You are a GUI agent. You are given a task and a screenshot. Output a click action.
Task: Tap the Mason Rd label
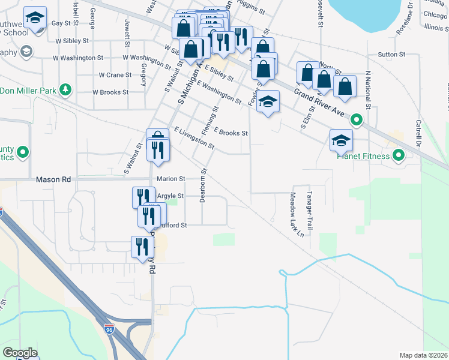point(53,179)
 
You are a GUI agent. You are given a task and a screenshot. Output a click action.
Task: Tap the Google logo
point(20,353)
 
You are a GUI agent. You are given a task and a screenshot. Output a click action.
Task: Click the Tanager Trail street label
point(310,211)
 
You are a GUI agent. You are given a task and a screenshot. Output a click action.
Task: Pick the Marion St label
point(170,179)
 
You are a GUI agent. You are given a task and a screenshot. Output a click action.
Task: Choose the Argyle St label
point(170,196)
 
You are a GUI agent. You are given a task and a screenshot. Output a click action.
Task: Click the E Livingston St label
point(194,137)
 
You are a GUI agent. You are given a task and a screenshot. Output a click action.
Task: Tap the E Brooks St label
point(231,133)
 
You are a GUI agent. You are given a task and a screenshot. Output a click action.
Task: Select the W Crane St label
point(115,75)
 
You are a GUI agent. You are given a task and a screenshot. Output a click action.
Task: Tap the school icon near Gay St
point(35,19)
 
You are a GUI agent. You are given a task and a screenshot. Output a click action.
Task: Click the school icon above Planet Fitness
point(341,140)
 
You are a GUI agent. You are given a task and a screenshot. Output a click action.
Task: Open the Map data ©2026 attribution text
point(423,355)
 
